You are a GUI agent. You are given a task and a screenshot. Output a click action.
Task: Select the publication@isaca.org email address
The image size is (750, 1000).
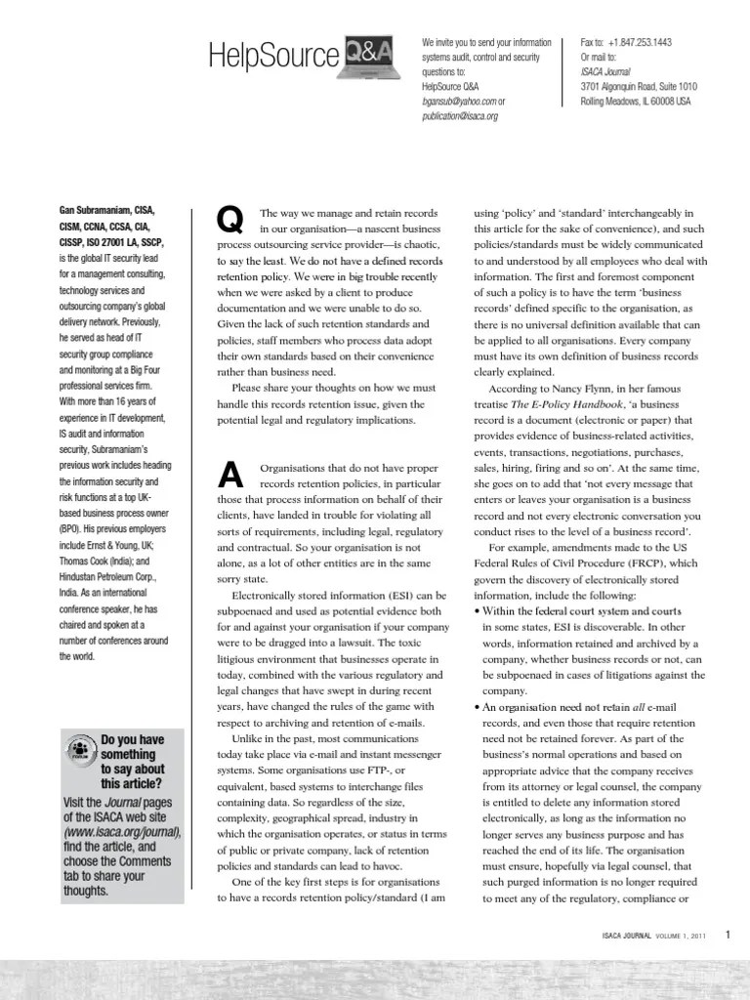460,115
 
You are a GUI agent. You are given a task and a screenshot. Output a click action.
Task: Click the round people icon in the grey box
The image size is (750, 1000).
79,751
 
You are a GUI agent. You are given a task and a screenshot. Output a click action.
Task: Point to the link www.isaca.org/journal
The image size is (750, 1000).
121,831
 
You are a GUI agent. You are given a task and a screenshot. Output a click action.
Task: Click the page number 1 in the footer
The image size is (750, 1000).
728,934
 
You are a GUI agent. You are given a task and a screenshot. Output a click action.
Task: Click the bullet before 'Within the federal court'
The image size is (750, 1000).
477,611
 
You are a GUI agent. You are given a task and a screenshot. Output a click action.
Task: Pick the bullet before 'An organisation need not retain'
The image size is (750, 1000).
477,706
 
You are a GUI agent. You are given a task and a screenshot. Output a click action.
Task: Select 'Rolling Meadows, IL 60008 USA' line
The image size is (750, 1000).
635,101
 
